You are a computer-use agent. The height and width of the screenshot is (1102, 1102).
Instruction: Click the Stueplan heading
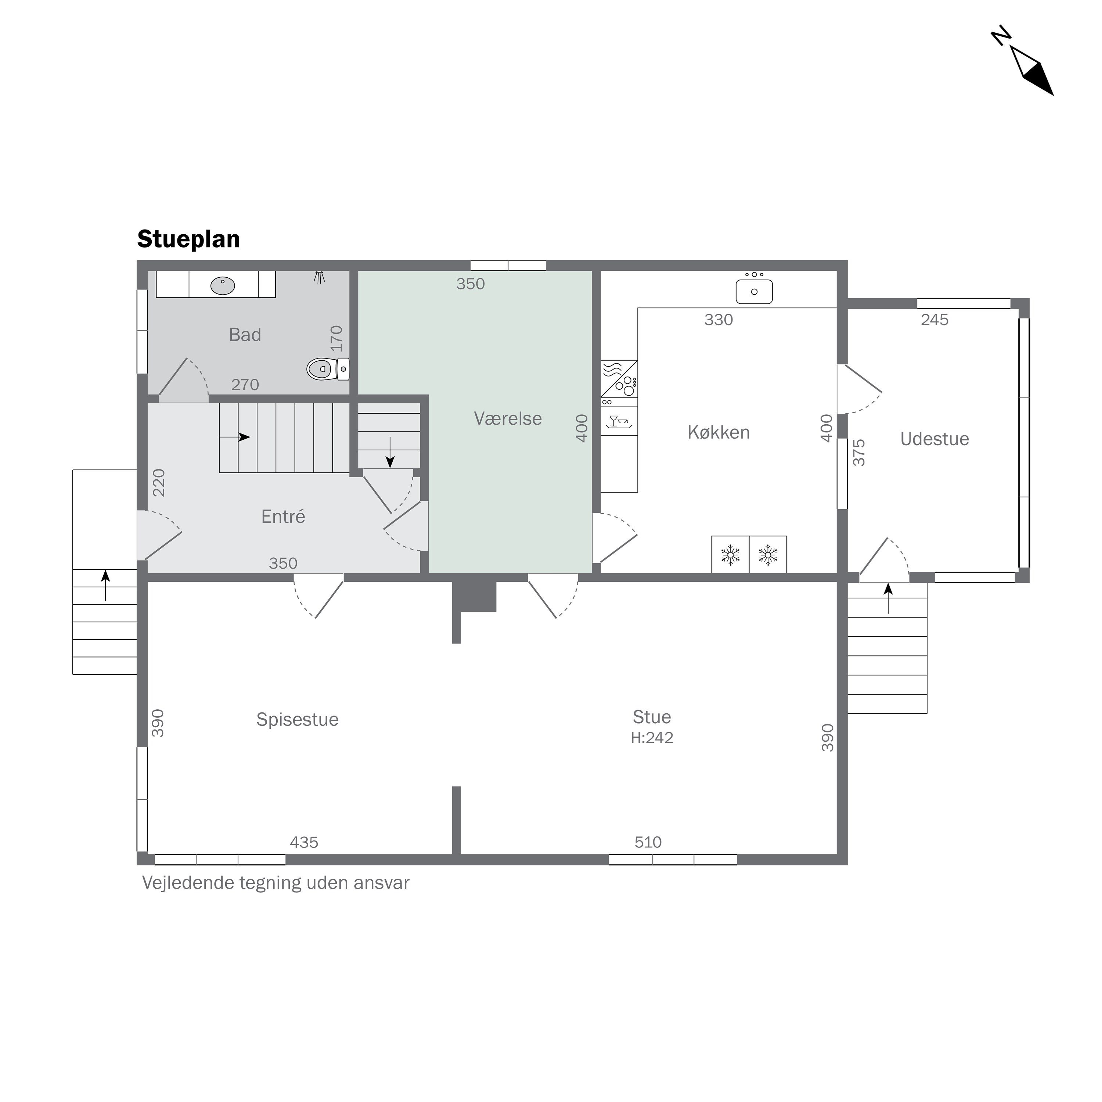pyautogui.click(x=188, y=239)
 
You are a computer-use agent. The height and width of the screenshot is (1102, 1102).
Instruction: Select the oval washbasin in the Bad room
pyautogui.click(x=223, y=285)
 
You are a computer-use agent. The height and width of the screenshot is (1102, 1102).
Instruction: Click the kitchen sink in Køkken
pyautogui.click(x=754, y=291)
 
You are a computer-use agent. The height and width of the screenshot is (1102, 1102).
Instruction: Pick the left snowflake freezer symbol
pyautogui.click(x=730, y=555)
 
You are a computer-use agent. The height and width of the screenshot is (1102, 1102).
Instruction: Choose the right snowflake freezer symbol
pyautogui.click(x=768, y=555)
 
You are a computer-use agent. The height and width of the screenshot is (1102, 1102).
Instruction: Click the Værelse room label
pyautogui.click(x=508, y=419)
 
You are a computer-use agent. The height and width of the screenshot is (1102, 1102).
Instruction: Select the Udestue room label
pyautogui.click(x=934, y=439)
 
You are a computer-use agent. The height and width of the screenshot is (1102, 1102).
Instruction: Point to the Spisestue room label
pyautogui.click(x=297, y=720)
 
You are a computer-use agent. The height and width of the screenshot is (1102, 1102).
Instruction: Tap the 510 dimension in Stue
pyautogui.click(x=648, y=842)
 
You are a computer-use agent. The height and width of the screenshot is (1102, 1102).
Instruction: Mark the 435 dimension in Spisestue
pyautogui.click(x=304, y=842)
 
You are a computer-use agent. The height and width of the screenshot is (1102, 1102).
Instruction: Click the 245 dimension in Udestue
pyautogui.click(x=934, y=320)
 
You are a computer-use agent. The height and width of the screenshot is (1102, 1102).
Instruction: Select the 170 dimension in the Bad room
pyautogui.click(x=336, y=338)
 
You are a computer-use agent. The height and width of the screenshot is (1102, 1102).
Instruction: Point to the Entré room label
pyautogui.click(x=283, y=517)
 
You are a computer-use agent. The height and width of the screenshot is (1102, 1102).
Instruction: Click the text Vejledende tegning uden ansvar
pyautogui.click(x=275, y=883)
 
